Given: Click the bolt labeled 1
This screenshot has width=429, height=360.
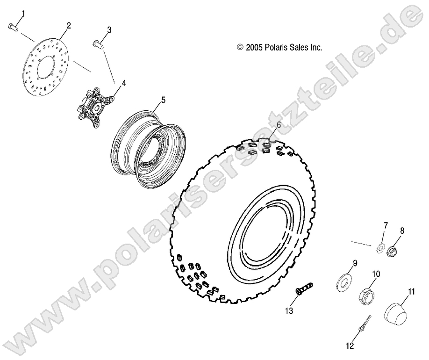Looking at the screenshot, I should point(13,28).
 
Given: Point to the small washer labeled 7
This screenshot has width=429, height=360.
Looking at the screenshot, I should point(380,246).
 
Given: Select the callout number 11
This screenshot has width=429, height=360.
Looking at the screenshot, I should point(412,292).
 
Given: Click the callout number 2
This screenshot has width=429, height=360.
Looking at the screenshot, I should point(68,25).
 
